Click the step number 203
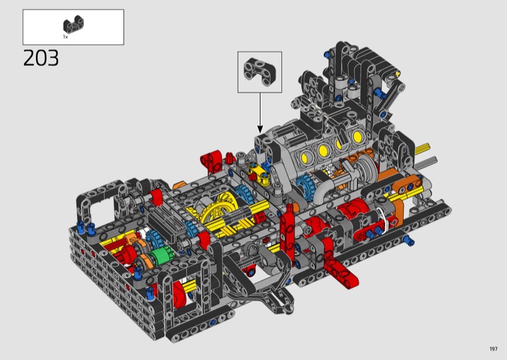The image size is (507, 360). click(41, 58)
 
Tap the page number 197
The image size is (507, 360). click(494, 349)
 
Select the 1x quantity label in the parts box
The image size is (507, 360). click(65, 37)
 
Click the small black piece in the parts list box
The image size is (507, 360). click(74, 25)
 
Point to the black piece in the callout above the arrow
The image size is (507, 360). click(260, 72)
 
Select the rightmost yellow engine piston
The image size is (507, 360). click(357, 136)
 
